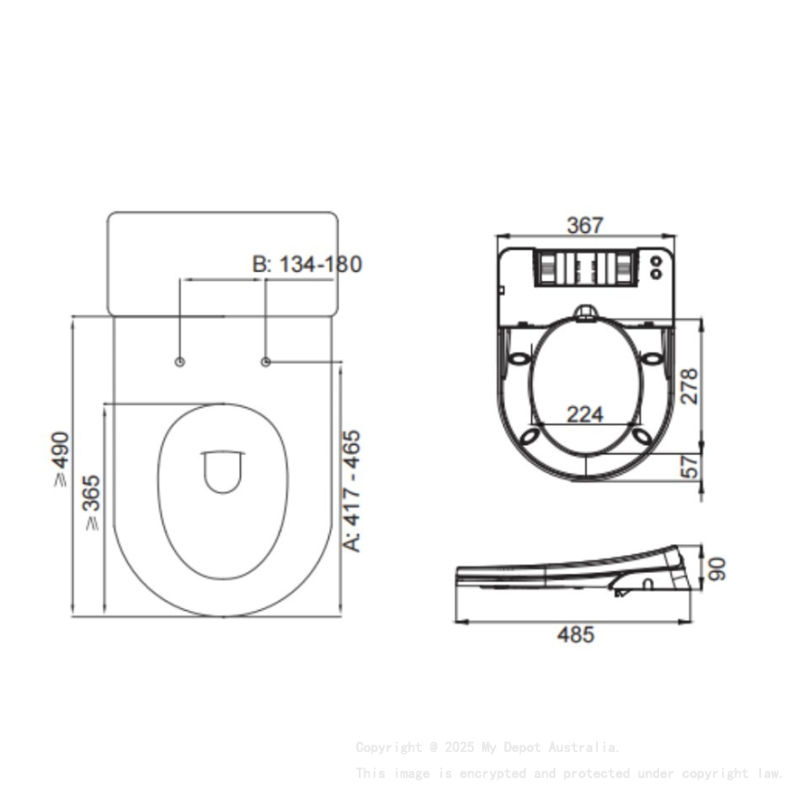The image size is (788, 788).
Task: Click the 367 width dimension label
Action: click(x=585, y=225)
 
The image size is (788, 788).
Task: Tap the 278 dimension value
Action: click(x=688, y=387)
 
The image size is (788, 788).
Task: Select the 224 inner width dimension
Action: click(x=585, y=413)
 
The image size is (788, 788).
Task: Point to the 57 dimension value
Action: click(x=689, y=467)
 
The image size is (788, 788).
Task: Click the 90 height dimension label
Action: click(x=717, y=568)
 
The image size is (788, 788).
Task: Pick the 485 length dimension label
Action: click(x=575, y=635)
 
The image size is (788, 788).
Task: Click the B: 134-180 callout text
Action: click(x=307, y=264)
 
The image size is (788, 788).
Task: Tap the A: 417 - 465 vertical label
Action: click(x=353, y=490)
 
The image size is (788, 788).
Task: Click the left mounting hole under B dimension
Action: click(x=180, y=362)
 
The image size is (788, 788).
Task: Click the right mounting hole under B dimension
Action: click(x=266, y=362)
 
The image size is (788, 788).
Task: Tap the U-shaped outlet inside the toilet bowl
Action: click(x=222, y=471)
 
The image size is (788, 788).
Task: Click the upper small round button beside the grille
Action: click(x=656, y=261)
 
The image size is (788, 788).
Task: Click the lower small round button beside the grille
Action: click(x=656, y=273)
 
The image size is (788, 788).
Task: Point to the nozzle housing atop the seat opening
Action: click(x=585, y=315)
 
